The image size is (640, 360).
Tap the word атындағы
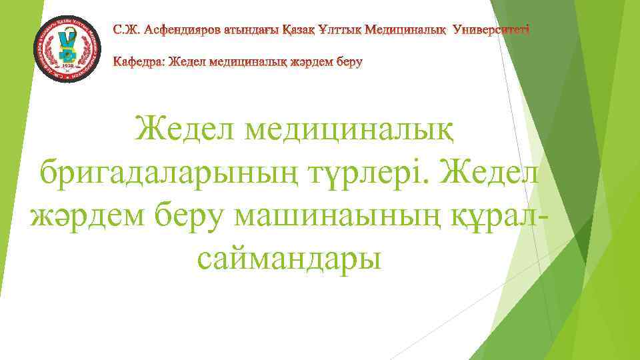point(247,30)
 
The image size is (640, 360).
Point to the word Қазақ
point(298,30)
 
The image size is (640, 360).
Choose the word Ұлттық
point(344,30)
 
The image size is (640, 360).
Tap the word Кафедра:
point(138,63)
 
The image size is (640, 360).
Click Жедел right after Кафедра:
point(185,63)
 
